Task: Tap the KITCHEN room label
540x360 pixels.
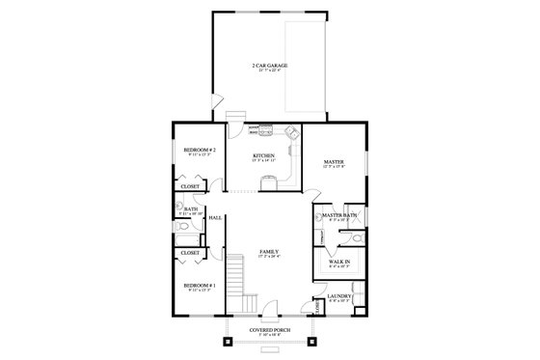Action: (x=264, y=155)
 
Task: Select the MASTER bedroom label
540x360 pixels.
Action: (x=334, y=161)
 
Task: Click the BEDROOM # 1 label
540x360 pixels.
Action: (x=199, y=287)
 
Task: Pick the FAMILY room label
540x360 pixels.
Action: (x=269, y=252)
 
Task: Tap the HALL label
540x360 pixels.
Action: (x=215, y=218)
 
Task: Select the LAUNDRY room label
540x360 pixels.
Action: (x=339, y=295)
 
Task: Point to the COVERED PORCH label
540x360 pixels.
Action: (x=269, y=330)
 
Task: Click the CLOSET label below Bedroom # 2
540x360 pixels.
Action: (x=189, y=186)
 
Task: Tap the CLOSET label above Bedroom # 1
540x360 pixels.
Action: (x=189, y=253)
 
